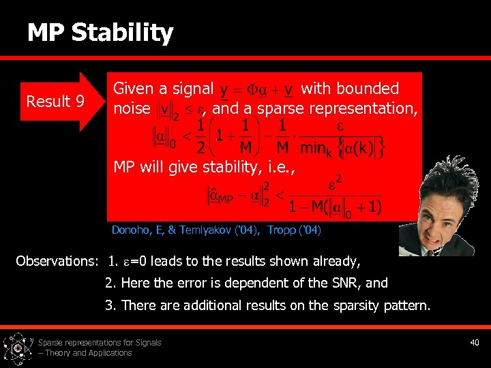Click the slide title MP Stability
point(100,33)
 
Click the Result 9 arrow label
point(55,102)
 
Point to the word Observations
point(57,261)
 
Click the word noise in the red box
point(132,108)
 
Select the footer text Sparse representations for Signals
point(100,342)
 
